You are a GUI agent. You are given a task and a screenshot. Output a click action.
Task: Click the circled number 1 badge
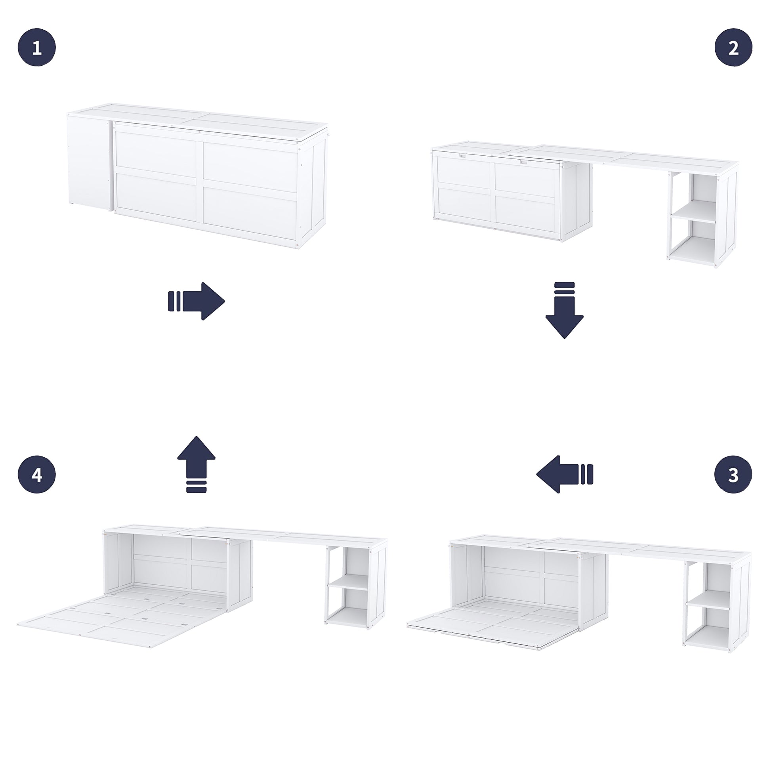tap(37, 48)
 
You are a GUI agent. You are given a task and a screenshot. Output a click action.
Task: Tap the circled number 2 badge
tap(733, 48)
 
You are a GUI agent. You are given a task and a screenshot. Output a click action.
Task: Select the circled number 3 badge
tap(733, 475)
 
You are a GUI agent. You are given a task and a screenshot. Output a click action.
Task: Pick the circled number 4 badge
tap(37, 475)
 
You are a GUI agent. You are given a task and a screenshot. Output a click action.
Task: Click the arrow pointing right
tap(197, 301)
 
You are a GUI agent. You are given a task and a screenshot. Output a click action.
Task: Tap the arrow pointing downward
tap(564, 310)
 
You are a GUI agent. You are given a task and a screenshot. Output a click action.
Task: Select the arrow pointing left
tap(564, 475)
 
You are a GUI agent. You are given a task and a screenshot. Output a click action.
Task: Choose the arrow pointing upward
tap(197, 464)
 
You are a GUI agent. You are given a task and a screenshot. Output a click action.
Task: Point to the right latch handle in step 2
tap(523, 162)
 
